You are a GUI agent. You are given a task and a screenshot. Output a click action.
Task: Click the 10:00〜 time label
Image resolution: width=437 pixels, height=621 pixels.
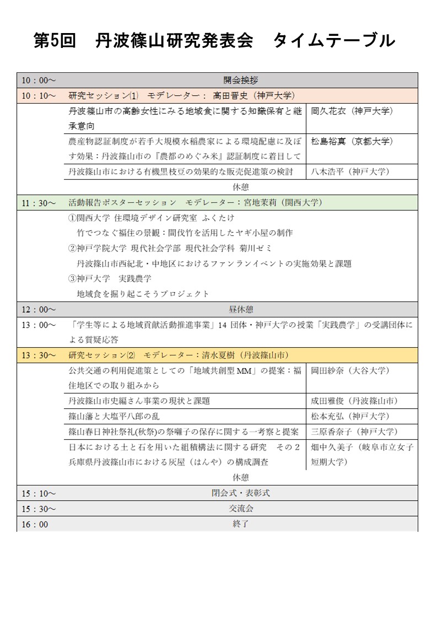pos(39,80)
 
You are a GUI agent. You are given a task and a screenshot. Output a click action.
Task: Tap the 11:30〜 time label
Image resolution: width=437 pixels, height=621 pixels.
pos(39,202)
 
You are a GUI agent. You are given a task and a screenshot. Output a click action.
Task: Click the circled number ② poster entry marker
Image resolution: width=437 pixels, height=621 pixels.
pos(72,248)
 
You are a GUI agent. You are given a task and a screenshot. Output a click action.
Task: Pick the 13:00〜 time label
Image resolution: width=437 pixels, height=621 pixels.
pos(39,325)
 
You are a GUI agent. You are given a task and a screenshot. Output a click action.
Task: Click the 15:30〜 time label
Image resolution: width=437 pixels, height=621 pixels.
pos(39,509)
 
